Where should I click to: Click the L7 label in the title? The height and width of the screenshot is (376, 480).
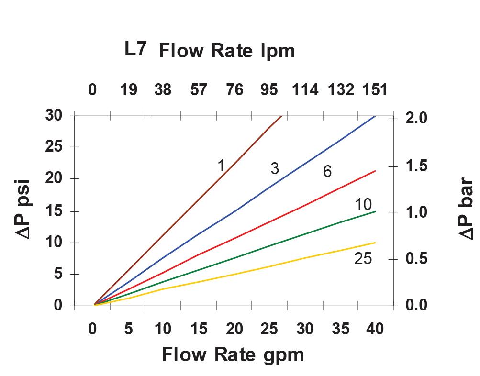(x=135, y=50)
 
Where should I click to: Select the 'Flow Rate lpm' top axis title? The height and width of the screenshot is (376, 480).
(x=226, y=51)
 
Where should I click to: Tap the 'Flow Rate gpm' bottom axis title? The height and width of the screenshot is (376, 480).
(x=233, y=355)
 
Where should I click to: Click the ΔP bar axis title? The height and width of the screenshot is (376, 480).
(x=466, y=209)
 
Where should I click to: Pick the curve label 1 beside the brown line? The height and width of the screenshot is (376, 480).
(x=221, y=166)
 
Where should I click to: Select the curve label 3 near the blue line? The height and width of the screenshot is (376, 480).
(x=274, y=168)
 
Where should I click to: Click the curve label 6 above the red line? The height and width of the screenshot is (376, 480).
(x=327, y=171)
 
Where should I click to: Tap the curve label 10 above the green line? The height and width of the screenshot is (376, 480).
(x=363, y=204)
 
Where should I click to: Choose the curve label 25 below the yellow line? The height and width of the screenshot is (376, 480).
(x=363, y=258)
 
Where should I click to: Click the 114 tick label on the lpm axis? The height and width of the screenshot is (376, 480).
(x=305, y=89)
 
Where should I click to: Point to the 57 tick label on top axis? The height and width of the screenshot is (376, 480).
(x=198, y=89)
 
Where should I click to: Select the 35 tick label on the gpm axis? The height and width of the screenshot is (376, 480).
(x=340, y=329)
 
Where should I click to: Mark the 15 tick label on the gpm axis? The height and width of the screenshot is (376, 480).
(x=199, y=329)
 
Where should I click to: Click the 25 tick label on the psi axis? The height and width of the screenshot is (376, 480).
(x=54, y=147)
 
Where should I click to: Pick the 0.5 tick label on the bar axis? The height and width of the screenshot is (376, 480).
(x=416, y=259)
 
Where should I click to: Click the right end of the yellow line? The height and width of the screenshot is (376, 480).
(x=376, y=243)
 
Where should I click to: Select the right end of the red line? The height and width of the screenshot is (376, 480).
(x=376, y=171)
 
